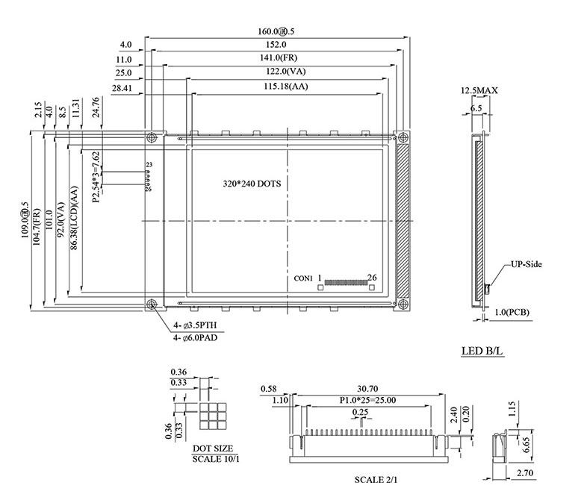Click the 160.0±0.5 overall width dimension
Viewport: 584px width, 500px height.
click(x=276, y=32)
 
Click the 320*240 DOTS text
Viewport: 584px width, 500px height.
click(x=252, y=183)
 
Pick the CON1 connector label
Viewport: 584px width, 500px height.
click(x=303, y=278)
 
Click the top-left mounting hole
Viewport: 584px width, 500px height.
click(x=152, y=137)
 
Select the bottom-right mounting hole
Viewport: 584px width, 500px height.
click(x=403, y=304)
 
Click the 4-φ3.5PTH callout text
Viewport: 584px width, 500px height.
click(x=196, y=325)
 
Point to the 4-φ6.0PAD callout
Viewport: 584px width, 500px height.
click(x=196, y=338)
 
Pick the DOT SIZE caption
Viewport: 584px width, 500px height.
click(x=212, y=449)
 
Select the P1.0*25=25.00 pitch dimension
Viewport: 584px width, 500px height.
click(x=368, y=401)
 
